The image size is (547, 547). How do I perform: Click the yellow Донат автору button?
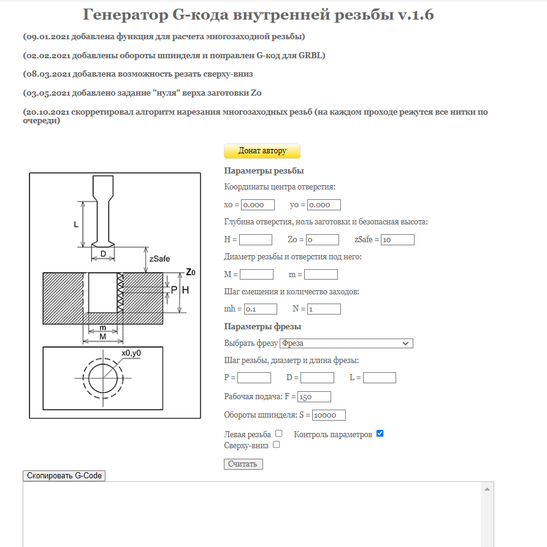pyautogui.click(x=262, y=151)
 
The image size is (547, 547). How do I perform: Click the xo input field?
pyautogui.click(x=258, y=205)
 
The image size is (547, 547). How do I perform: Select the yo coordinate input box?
pyautogui.click(x=324, y=205)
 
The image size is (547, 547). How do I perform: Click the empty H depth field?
pyautogui.click(x=255, y=240)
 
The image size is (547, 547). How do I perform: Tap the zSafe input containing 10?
pyautogui.click(x=397, y=240)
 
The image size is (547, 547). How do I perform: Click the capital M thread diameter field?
pyautogui.click(x=256, y=275)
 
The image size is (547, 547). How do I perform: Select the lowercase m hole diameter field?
pyautogui.click(x=321, y=275)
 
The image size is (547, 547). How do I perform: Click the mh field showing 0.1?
pyautogui.click(x=261, y=309)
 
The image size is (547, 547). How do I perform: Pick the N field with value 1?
pyautogui.click(x=324, y=309)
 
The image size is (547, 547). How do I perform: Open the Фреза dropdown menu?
pyautogui.click(x=346, y=343)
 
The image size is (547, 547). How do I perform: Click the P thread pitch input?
pyautogui.click(x=254, y=378)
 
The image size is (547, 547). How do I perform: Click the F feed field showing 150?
pyautogui.click(x=314, y=397)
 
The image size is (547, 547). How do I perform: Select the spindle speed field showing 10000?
pyautogui.click(x=329, y=415)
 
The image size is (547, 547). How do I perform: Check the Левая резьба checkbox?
pyautogui.click(x=279, y=434)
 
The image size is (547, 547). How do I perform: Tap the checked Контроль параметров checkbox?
pyautogui.click(x=380, y=434)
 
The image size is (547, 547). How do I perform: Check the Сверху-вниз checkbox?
pyautogui.click(x=276, y=445)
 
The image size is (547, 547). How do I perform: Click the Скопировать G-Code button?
pyautogui.click(x=64, y=476)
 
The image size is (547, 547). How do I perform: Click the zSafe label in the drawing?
pyautogui.click(x=159, y=259)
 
